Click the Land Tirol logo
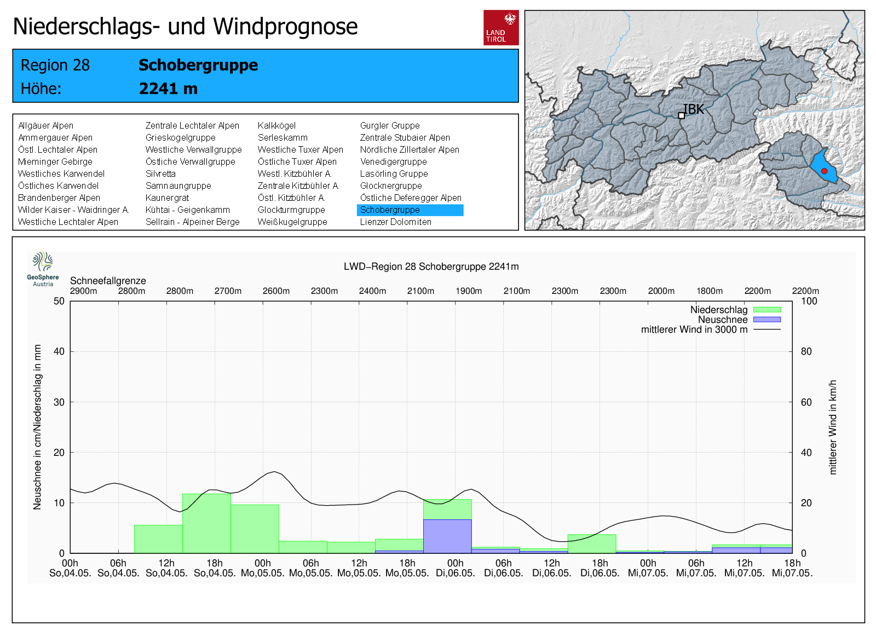(500, 27)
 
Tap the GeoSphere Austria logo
(43, 269)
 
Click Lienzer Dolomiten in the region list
(395, 222)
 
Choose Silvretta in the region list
(160, 174)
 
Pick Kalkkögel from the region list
(276, 126)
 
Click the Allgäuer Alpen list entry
(45, 126)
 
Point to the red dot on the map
(824, 171)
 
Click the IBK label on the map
(694, 109)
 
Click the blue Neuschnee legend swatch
(766, 320)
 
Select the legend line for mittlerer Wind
(766, 329)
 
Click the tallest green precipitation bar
(206, 523)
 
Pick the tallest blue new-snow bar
(447, 536)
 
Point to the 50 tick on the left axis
(59, 301)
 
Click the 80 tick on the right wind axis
(806, 351)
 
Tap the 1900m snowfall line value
(469, 291)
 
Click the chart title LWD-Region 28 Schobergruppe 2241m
(431, 267)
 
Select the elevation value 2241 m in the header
(168, 89)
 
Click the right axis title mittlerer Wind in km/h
(833, 427)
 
